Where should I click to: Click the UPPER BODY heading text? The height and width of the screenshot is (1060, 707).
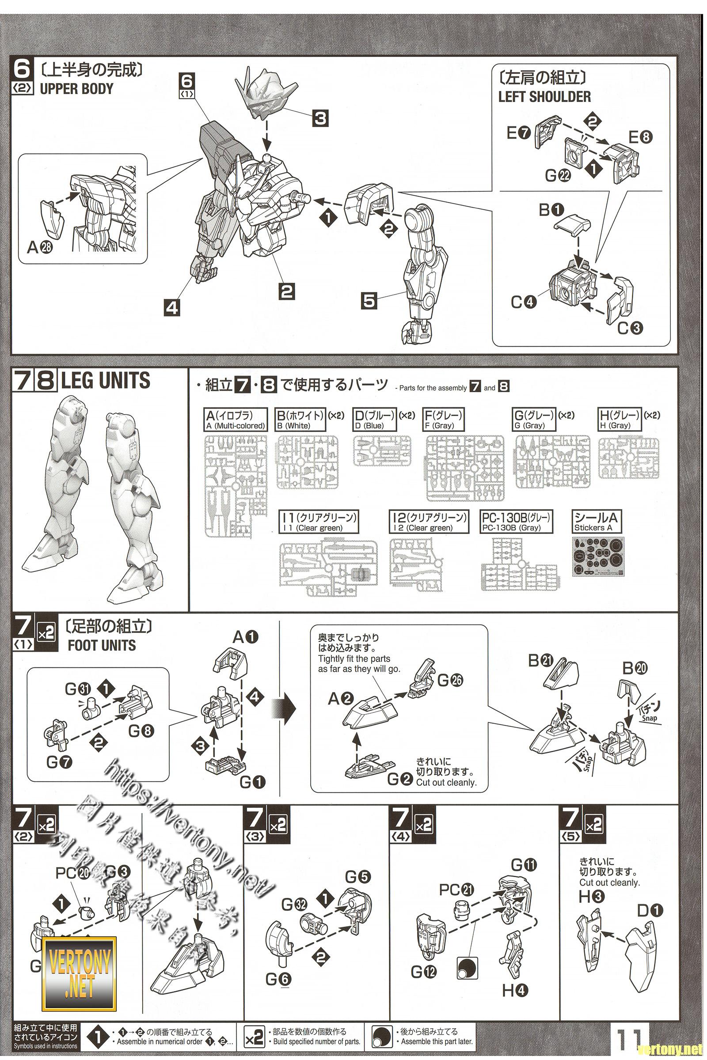[76, 89]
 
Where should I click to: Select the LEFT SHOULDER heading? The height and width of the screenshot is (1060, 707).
[544, 96]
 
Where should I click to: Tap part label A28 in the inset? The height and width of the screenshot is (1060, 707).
[41, 246]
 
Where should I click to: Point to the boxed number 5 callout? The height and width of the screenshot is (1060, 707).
[369, 301]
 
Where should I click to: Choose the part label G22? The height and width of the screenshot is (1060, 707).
[558, 176]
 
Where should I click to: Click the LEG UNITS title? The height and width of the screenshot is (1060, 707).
[106, 381]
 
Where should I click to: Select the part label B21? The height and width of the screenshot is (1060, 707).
[540, 661]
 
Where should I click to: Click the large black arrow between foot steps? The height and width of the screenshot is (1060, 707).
[286, 708]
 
